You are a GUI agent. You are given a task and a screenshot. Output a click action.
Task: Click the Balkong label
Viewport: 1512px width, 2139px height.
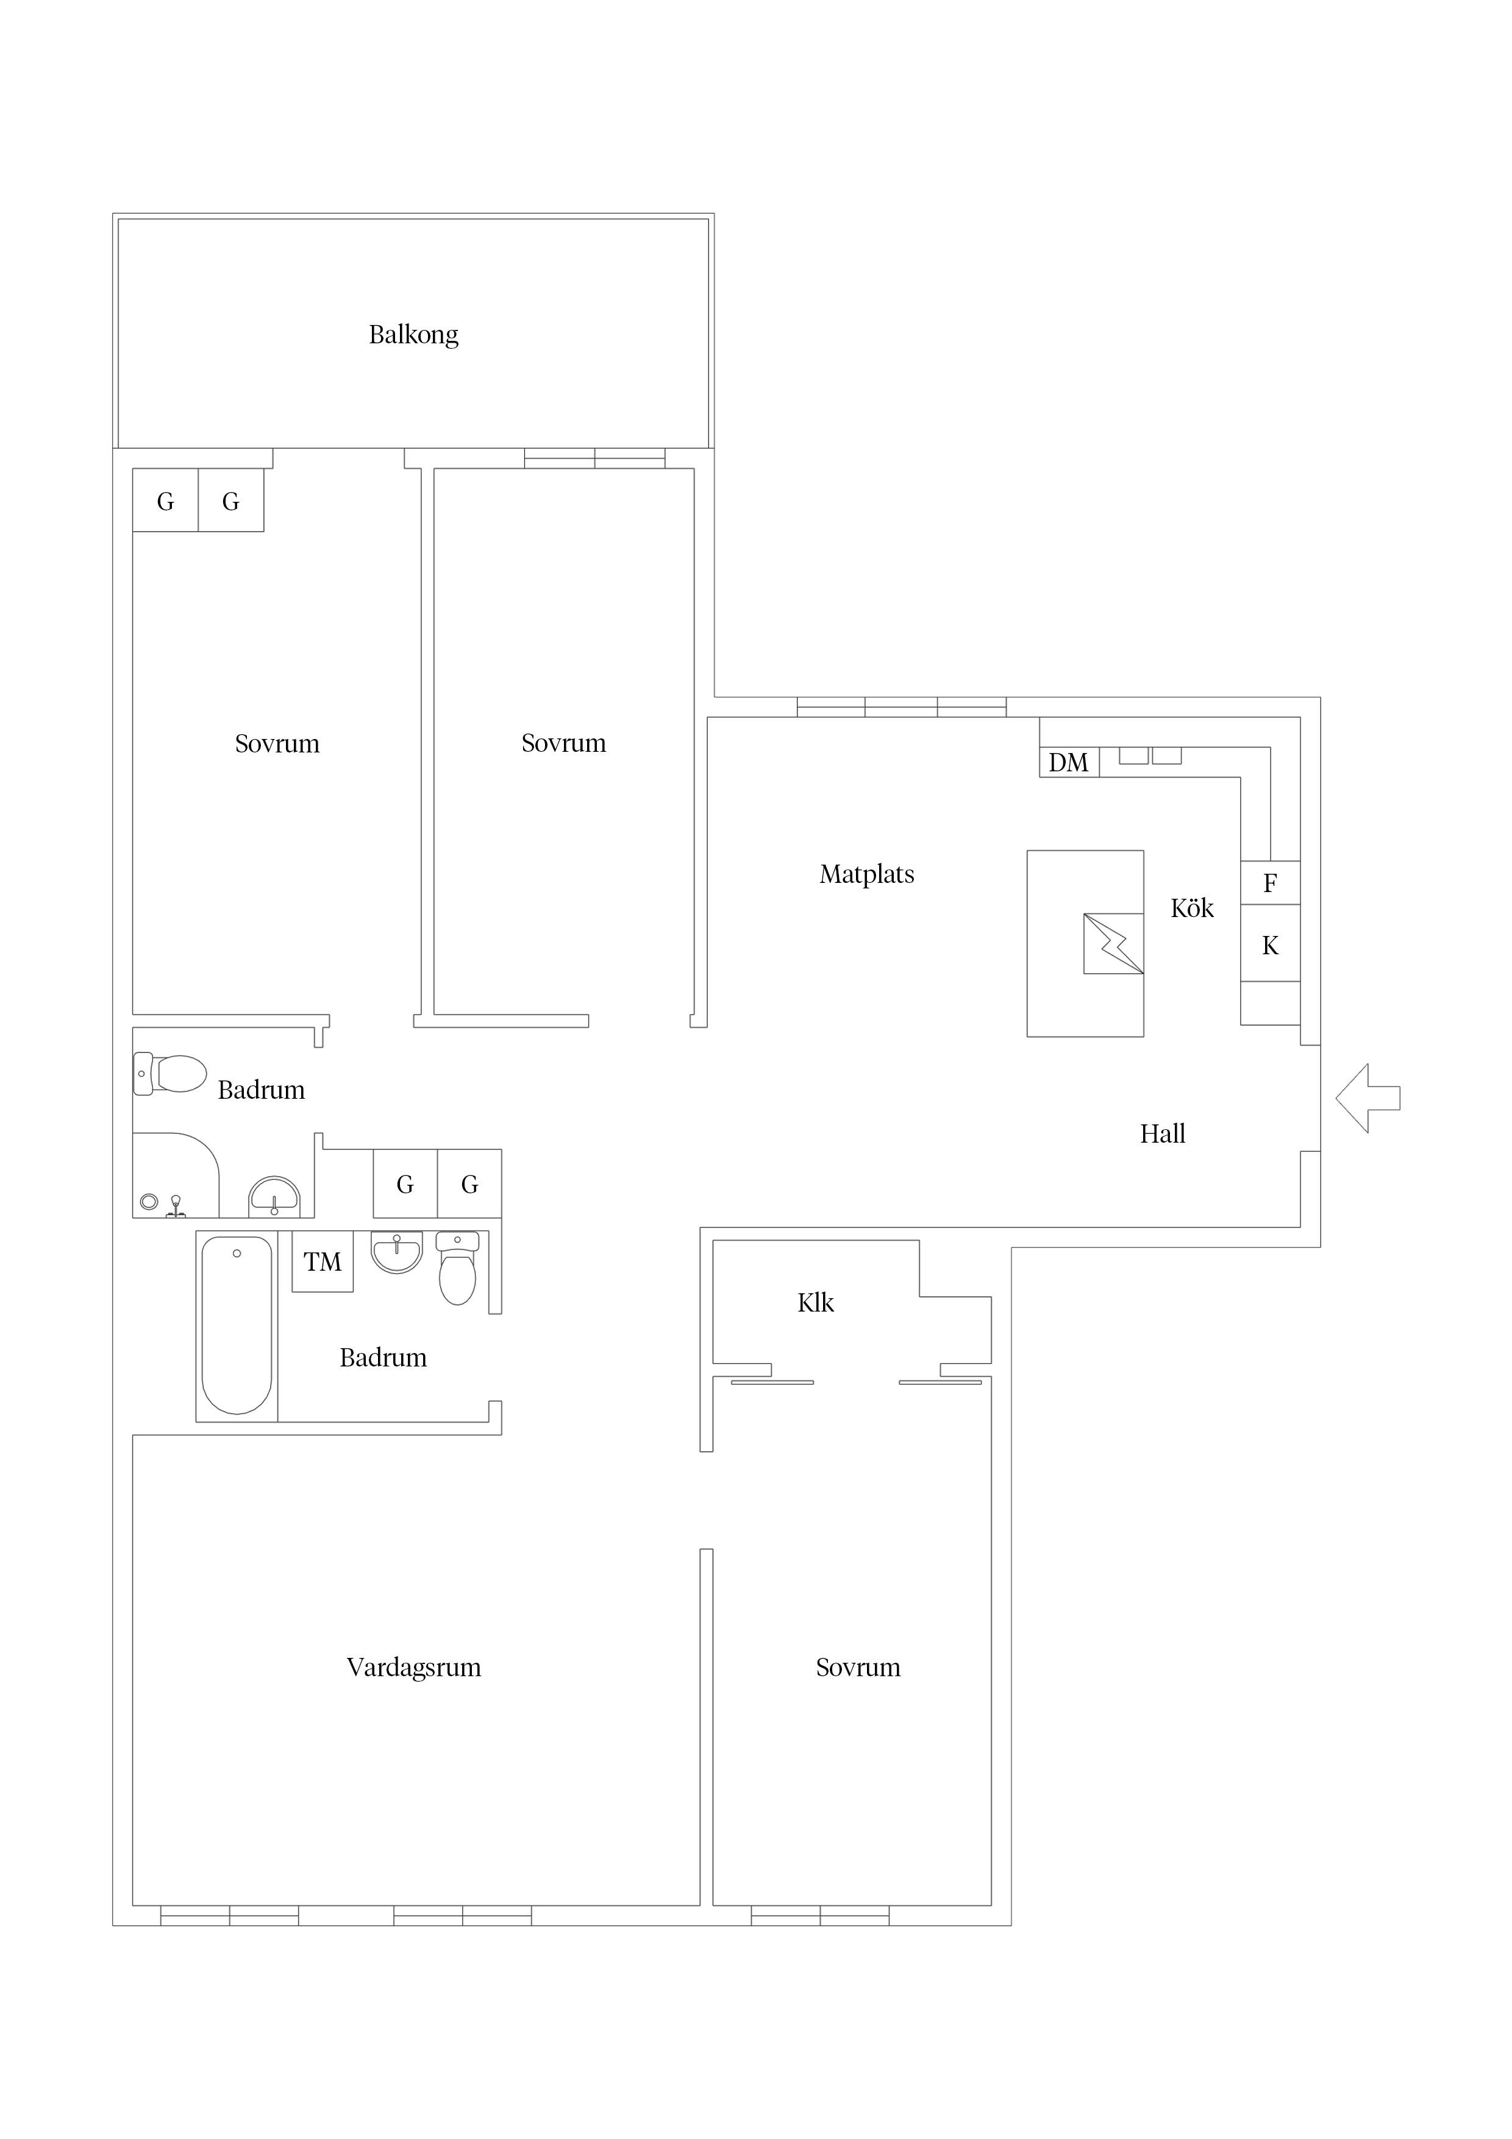(413, 335)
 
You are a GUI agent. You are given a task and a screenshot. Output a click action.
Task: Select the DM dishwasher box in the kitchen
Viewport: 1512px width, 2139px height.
(1069, 762)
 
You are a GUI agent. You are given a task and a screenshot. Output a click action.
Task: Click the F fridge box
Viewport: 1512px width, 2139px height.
(1270, 882)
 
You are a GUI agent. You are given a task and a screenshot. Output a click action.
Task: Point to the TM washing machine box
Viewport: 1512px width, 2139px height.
(323, 1262)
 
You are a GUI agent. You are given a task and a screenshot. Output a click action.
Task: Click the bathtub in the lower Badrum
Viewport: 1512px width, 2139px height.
(237, 1326)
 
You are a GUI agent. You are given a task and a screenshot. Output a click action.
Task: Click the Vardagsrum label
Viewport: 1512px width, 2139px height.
(413, 1666)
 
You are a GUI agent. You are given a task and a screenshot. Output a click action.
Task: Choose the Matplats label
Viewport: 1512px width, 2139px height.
(866, 874)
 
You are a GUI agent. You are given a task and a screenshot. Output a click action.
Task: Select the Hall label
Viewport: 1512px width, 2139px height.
(1163, 1134)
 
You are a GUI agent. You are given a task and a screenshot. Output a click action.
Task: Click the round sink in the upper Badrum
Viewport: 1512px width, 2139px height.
(274, 1197)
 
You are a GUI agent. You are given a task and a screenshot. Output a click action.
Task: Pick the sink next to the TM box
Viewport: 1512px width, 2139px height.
(397, 1252)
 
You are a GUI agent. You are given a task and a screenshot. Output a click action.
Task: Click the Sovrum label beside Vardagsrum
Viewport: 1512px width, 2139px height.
(858, 1666)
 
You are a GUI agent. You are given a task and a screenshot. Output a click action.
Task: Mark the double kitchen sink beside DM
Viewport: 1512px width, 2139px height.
(1150, 755)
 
